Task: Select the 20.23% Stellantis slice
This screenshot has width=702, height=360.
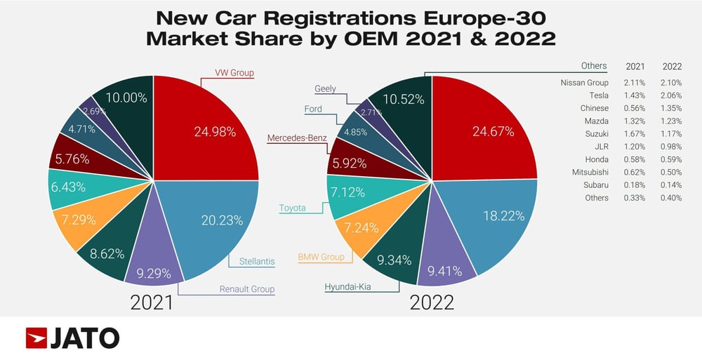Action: tap(211, 218)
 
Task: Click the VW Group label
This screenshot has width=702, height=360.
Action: tap(234, 72)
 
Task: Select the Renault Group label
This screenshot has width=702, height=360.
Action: tap(246, 288)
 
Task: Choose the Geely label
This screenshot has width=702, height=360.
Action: tap(325, 89)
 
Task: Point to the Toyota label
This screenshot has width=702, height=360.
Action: tap(292, 208)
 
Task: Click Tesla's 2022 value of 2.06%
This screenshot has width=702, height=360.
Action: tap(670, 95)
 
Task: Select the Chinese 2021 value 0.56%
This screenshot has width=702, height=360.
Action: tap(635, 108)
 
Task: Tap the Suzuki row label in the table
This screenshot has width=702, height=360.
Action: tap(596, 133)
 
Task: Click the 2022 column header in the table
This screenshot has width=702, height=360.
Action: tap(671, 66)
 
